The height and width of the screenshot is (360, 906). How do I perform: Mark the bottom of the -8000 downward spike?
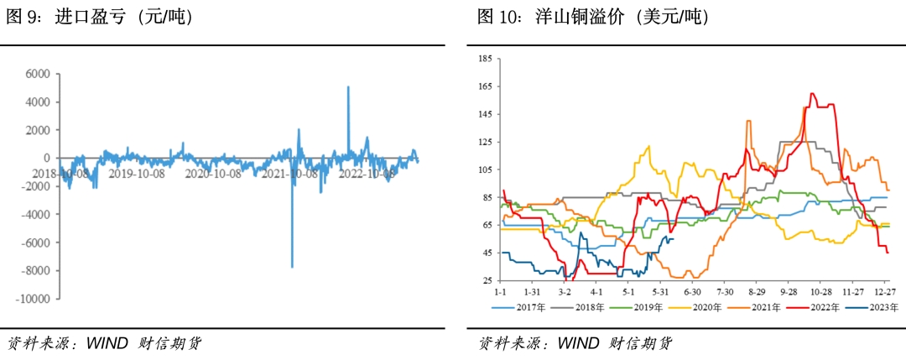pos(292,267)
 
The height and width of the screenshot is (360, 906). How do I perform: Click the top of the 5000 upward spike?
pos(348,86)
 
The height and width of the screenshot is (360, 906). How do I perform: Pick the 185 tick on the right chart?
pos(485,59)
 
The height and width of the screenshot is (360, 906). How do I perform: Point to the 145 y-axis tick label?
pos(485,114)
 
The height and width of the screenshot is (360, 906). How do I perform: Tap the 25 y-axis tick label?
pos(487,280)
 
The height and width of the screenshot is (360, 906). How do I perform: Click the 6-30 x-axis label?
pos(692,293)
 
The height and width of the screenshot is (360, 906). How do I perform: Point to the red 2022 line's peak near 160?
pos(812,93)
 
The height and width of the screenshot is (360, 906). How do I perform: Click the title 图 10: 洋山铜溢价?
pos(592,17)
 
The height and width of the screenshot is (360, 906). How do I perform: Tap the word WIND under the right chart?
pos(578,342)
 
